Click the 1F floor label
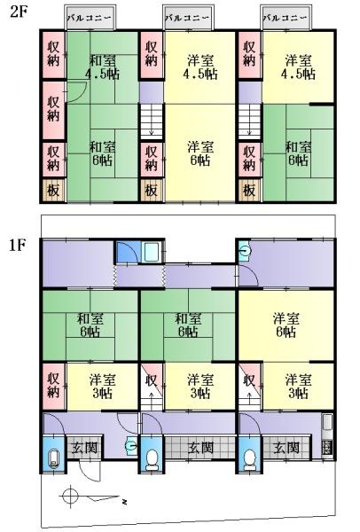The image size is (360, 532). tap(18, 245)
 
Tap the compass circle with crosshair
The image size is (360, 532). tap(70, 497)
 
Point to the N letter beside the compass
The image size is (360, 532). tap(125, 501)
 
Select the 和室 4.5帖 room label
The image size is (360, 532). tap(103, 67)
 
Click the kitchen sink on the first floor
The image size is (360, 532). tap(327, 426)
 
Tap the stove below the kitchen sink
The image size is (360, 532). tap(327, 447)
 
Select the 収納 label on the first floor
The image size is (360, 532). tap(53, 386)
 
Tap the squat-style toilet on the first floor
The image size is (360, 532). tap(53, 458)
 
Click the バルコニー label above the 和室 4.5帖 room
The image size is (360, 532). tap(90, 18)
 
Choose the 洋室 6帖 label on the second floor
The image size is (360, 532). tap(200, 153)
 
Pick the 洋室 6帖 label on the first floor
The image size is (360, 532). tap(286, 325)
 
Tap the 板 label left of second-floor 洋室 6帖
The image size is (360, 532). tap(151, 191)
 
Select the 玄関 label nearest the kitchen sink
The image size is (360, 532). tap(286, 448)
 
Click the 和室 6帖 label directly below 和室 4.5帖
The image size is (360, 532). tap(103, 153)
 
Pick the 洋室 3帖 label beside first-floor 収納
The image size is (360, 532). tap(103, 387)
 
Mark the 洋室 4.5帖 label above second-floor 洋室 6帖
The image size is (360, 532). tap(200, 67)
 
